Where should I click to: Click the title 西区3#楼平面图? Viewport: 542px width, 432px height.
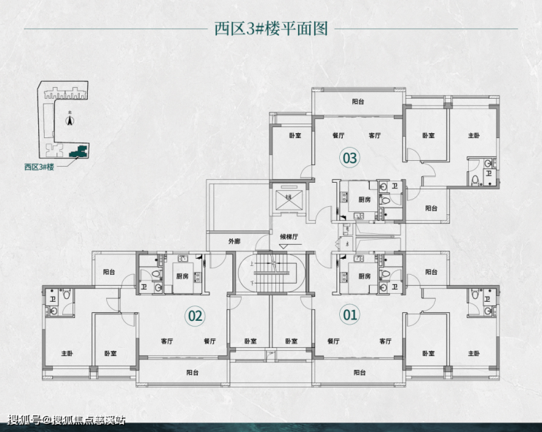(x=270, y=29)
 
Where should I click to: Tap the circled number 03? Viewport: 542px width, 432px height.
(x=349, y=157)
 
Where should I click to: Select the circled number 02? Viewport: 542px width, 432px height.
(x=195, y=316)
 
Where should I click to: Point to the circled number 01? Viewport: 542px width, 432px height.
(x=349, y=316)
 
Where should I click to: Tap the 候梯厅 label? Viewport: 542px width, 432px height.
(x=292, y=236)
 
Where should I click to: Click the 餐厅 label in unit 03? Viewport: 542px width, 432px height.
(x=338, y=136)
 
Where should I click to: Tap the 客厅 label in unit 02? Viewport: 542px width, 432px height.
(x=166, y=341)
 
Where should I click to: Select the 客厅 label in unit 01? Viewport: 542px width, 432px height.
(x=385, y=341)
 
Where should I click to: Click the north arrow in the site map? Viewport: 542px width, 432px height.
(x=69, y=121)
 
